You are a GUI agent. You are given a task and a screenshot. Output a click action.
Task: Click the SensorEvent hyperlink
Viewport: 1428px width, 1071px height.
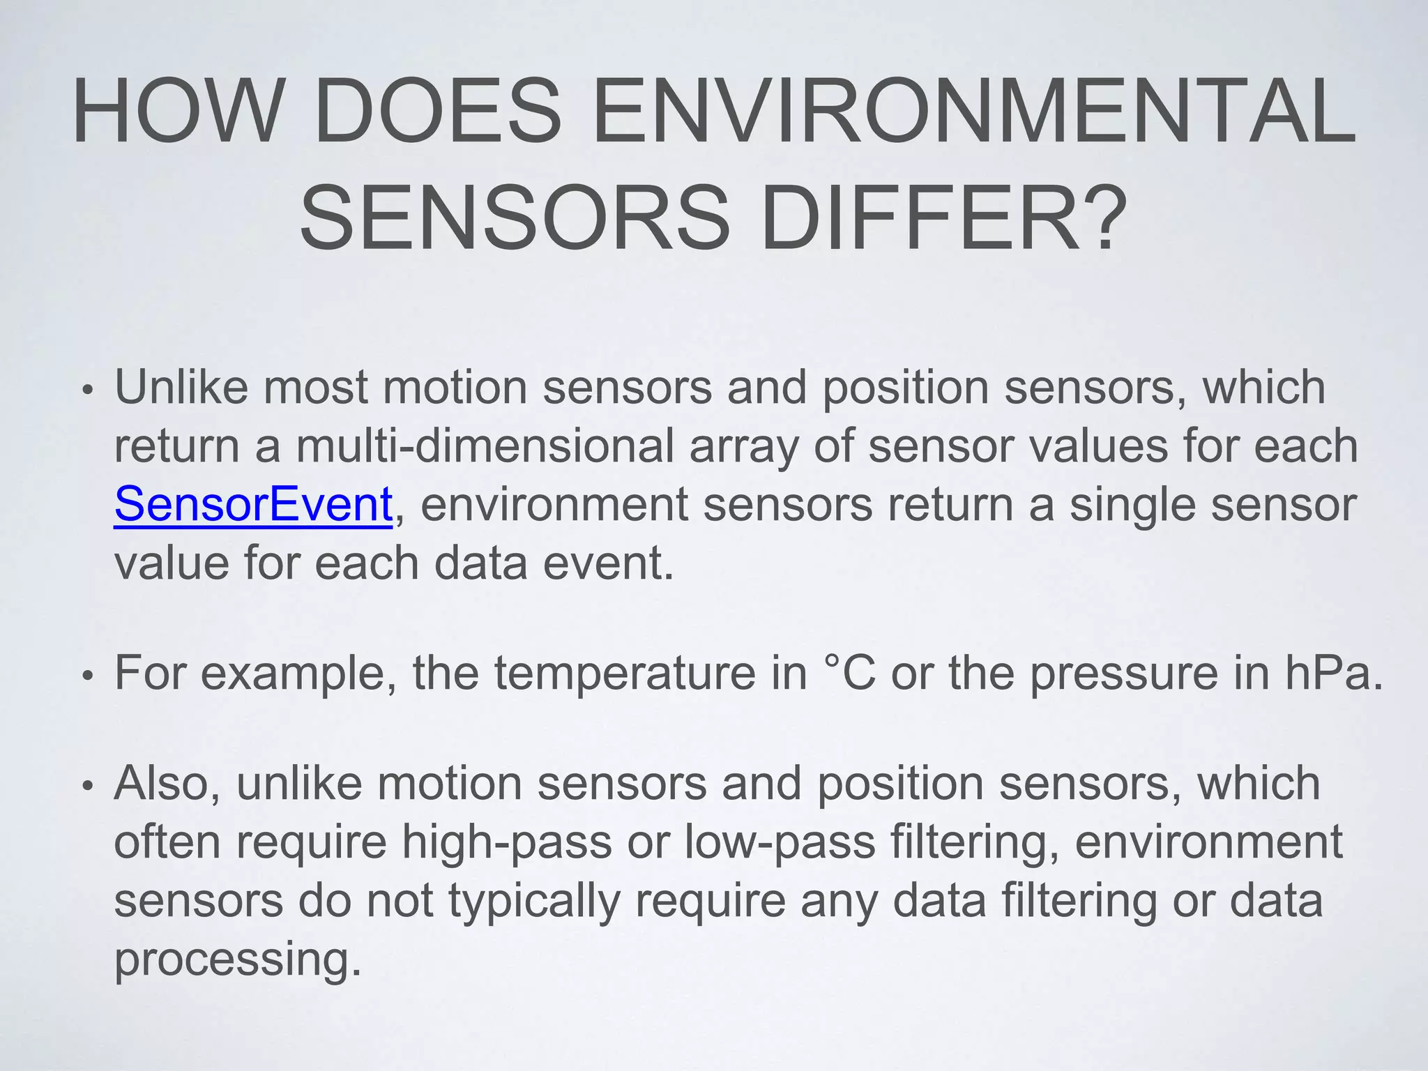point(253,504)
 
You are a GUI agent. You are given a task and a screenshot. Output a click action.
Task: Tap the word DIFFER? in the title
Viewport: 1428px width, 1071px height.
point(944,217)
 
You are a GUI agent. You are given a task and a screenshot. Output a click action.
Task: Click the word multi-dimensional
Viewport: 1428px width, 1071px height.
point(485,446)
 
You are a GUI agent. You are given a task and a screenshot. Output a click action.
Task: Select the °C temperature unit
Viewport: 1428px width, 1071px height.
point(849,673)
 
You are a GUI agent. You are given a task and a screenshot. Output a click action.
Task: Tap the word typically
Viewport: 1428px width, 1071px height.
point(534,901)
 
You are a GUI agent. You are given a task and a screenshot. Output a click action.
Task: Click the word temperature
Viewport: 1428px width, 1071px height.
point(625,673)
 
